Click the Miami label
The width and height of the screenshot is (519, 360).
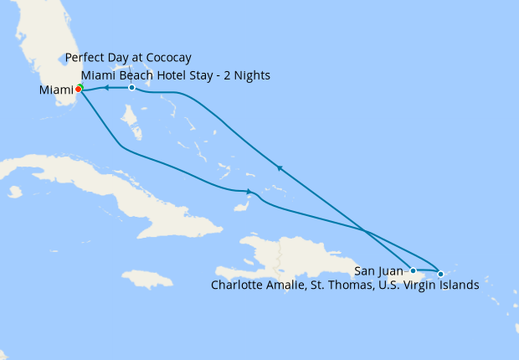(56, 90)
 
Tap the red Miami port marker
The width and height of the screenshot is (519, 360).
(78, 89)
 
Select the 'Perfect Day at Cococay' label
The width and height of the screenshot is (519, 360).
(129, 58)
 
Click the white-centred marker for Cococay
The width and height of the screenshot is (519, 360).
(131, 87)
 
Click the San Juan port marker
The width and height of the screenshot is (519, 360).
(413, 270)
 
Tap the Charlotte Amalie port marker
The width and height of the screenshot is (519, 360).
(440, 274)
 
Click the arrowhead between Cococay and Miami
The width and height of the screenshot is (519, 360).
(106, 87)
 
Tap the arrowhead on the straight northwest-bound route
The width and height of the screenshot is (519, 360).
(280, 169)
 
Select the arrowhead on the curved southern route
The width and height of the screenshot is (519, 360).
(249, 192)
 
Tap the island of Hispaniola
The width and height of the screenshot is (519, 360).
(293, 255)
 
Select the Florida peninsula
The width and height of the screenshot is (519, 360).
(54, 50)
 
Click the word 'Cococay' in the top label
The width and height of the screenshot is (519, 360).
(166, 58)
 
